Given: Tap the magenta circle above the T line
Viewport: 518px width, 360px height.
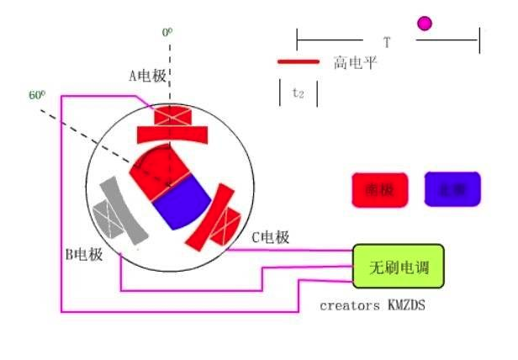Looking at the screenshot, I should pyautogui.click(x=425, y=24).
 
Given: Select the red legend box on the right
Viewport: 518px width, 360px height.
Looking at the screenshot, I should pyautogui.click(x=379, y=190).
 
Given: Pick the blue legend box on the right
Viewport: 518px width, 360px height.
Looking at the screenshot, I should pyautogui.click(x=452, y=189).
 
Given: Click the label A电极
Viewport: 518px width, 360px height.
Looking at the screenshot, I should pyautogui.click(x=147, y=77).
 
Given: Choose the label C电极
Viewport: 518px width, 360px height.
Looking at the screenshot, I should pyautogui.click(x=271, y=237).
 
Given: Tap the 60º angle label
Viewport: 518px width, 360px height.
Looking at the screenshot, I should pyautogui.click(x=36, y=95).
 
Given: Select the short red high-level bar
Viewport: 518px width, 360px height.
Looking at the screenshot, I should pyautogui.click(x=299, y=61).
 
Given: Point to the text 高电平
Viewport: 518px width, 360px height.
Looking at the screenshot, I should pyautogui.click(x=355, y=62).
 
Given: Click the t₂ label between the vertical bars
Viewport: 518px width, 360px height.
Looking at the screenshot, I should pyautogui.click(x=298, y=93).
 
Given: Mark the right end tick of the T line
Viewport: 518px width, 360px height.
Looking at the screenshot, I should pyautogui.click(x=479, y=40).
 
